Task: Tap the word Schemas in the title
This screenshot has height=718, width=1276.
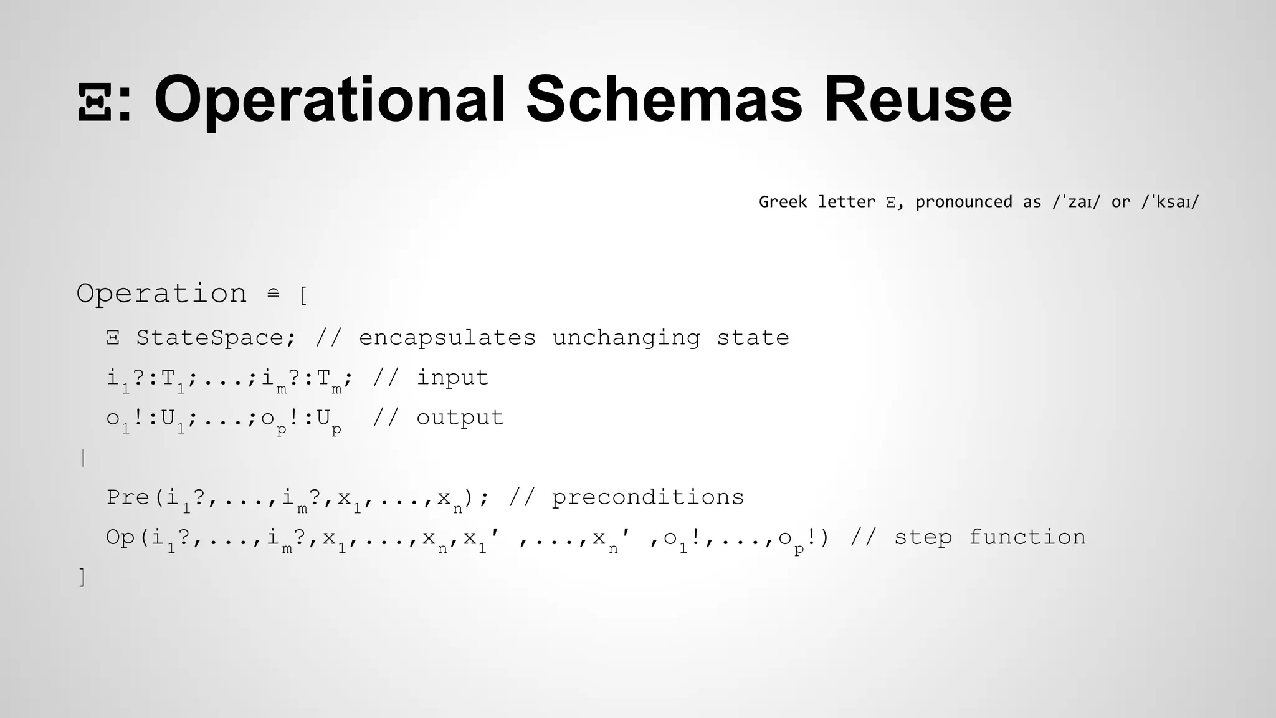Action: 664,100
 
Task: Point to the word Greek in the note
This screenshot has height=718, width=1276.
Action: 783,202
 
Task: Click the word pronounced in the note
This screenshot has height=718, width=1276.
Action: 963,202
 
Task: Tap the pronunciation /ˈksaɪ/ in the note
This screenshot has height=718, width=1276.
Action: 1170,202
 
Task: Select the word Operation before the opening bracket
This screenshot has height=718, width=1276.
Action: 161,294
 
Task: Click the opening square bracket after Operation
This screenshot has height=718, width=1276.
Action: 303,295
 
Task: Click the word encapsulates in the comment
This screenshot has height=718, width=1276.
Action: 447,338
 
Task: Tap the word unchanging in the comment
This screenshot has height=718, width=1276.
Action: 626,338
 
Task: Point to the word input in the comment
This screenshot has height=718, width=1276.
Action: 452,378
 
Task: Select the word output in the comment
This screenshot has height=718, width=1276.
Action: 460,418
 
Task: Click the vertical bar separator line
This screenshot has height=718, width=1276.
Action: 83,458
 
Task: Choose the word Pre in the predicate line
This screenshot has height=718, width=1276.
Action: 128,497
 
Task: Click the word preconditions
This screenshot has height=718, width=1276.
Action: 647,497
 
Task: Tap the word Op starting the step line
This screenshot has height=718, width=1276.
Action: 120,537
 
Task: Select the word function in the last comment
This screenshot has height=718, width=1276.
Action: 1027,537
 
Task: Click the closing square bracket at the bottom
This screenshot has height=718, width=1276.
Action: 82,577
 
